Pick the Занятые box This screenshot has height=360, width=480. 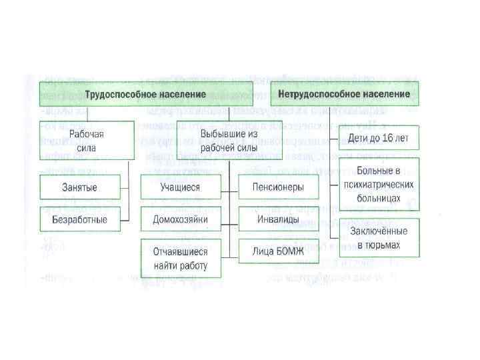pyautogui.click(x=80, y=187)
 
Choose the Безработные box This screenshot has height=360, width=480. pyautogui.click(x=80, y=219)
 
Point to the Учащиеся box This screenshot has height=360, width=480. pyautogui.click(x=180, y=187)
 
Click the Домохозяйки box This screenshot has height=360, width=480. pyautogui.click(x=180, y=219)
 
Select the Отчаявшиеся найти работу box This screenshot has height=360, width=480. pyautogui.click(x=180, y=259)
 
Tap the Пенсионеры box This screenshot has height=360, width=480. pyautogui.click(x=279, y=187)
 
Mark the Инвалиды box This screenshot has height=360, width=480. pyautogui.click(x=279, y=219)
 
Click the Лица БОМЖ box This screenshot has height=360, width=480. pyautogui.click(x=279, y=251)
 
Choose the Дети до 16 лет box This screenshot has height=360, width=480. pyautogui.click(x=379, y=139)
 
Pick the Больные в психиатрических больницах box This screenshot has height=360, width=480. pyautogui.click(x=379, y=184)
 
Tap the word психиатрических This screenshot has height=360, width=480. pyautogui.click(x=379, y=185)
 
